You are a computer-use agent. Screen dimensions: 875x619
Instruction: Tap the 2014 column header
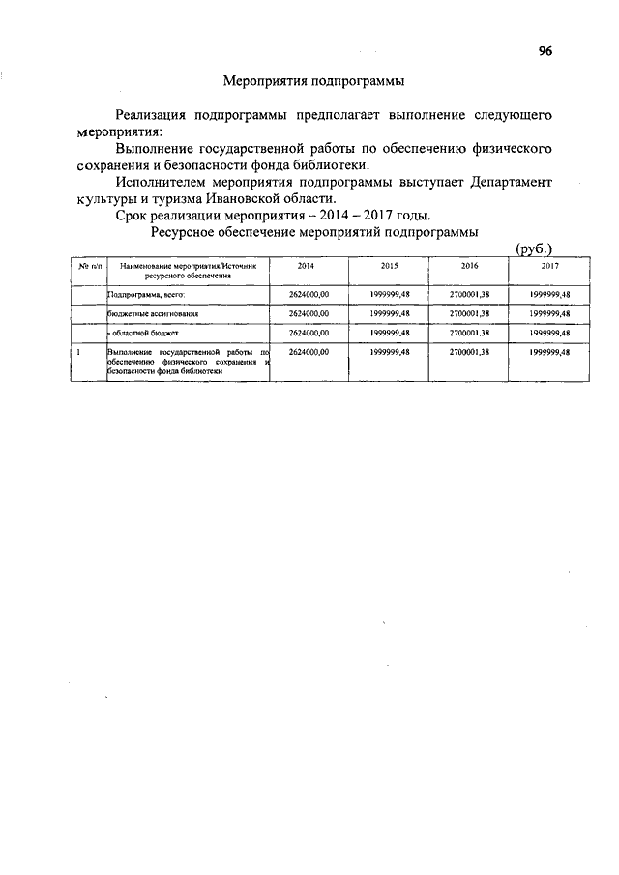307,265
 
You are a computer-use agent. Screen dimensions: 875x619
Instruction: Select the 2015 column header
389,265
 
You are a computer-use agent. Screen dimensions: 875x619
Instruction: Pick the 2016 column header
470,265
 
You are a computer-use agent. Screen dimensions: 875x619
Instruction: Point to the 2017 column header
550,265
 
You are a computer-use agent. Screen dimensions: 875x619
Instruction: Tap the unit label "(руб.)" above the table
534,248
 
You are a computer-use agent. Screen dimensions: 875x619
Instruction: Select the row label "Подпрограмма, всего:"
146,294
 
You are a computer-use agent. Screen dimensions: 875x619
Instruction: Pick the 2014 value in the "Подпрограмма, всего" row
309,294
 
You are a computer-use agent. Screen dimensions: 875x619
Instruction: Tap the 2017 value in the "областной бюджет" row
550,333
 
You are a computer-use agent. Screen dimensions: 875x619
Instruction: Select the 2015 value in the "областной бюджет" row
390,333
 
